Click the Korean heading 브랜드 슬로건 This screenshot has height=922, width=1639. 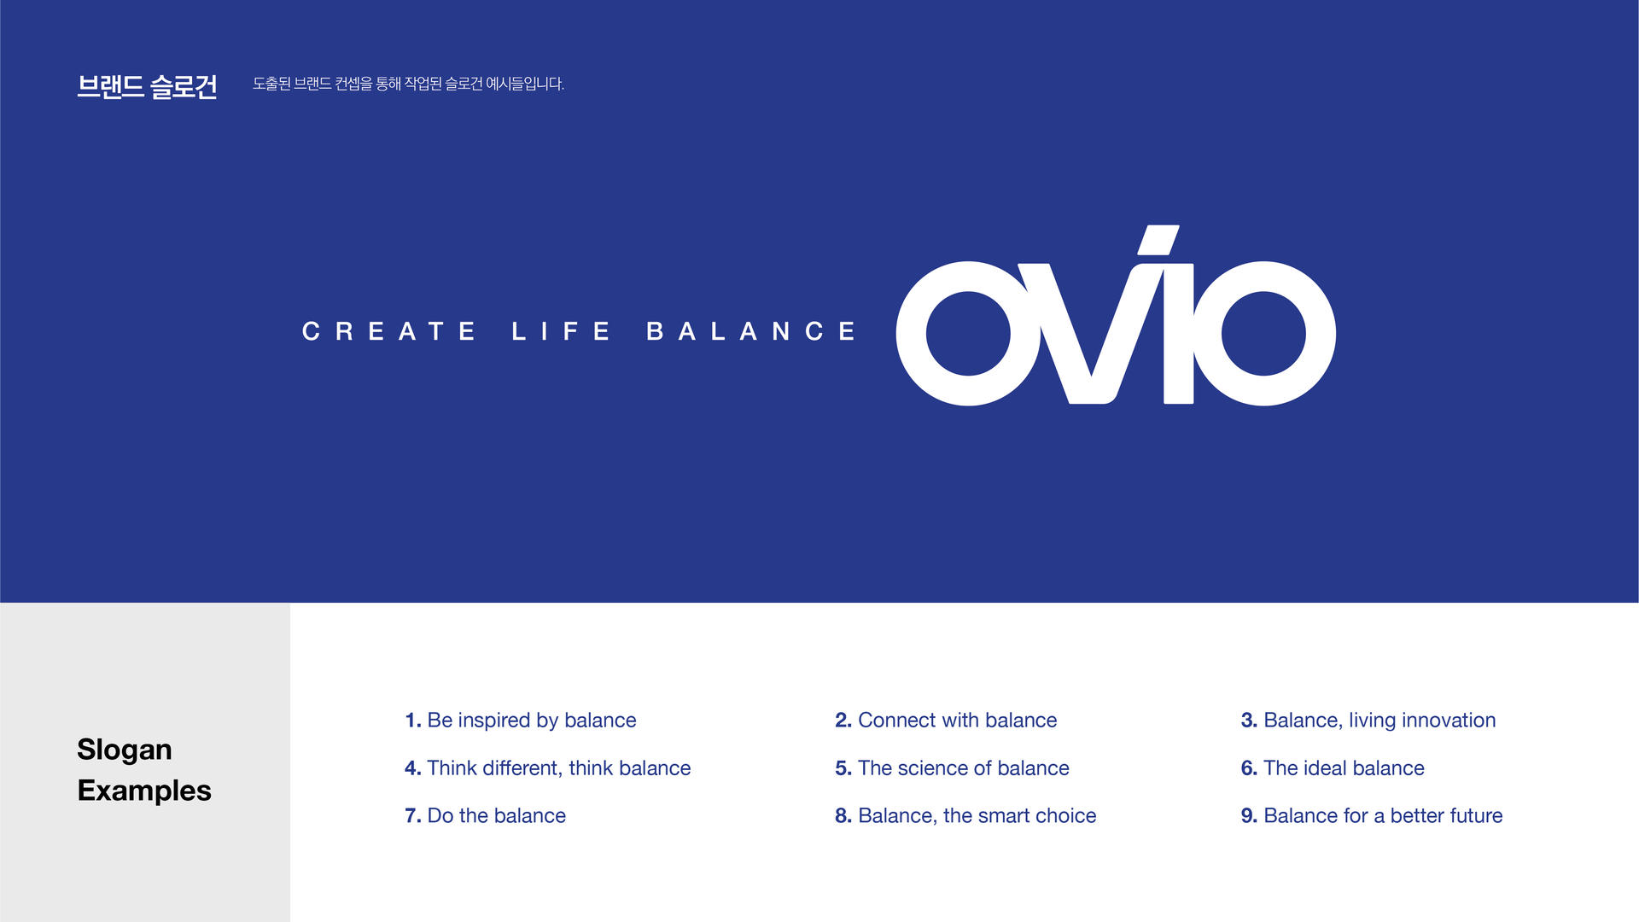(147, 86)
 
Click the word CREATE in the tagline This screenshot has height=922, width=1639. (388, 331)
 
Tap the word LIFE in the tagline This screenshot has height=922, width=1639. (561, 331)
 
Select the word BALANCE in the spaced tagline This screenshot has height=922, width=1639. (751, 331)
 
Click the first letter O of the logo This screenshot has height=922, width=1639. (968, 333)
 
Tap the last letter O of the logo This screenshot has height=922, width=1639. (1263, 333)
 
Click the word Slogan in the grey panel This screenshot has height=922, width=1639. (125, 750)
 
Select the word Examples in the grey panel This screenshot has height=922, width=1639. (144, 791)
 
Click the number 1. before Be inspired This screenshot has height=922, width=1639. (413, 721)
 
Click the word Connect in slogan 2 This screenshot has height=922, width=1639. (896, 721)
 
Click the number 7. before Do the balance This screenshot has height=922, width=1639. (413, 816)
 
